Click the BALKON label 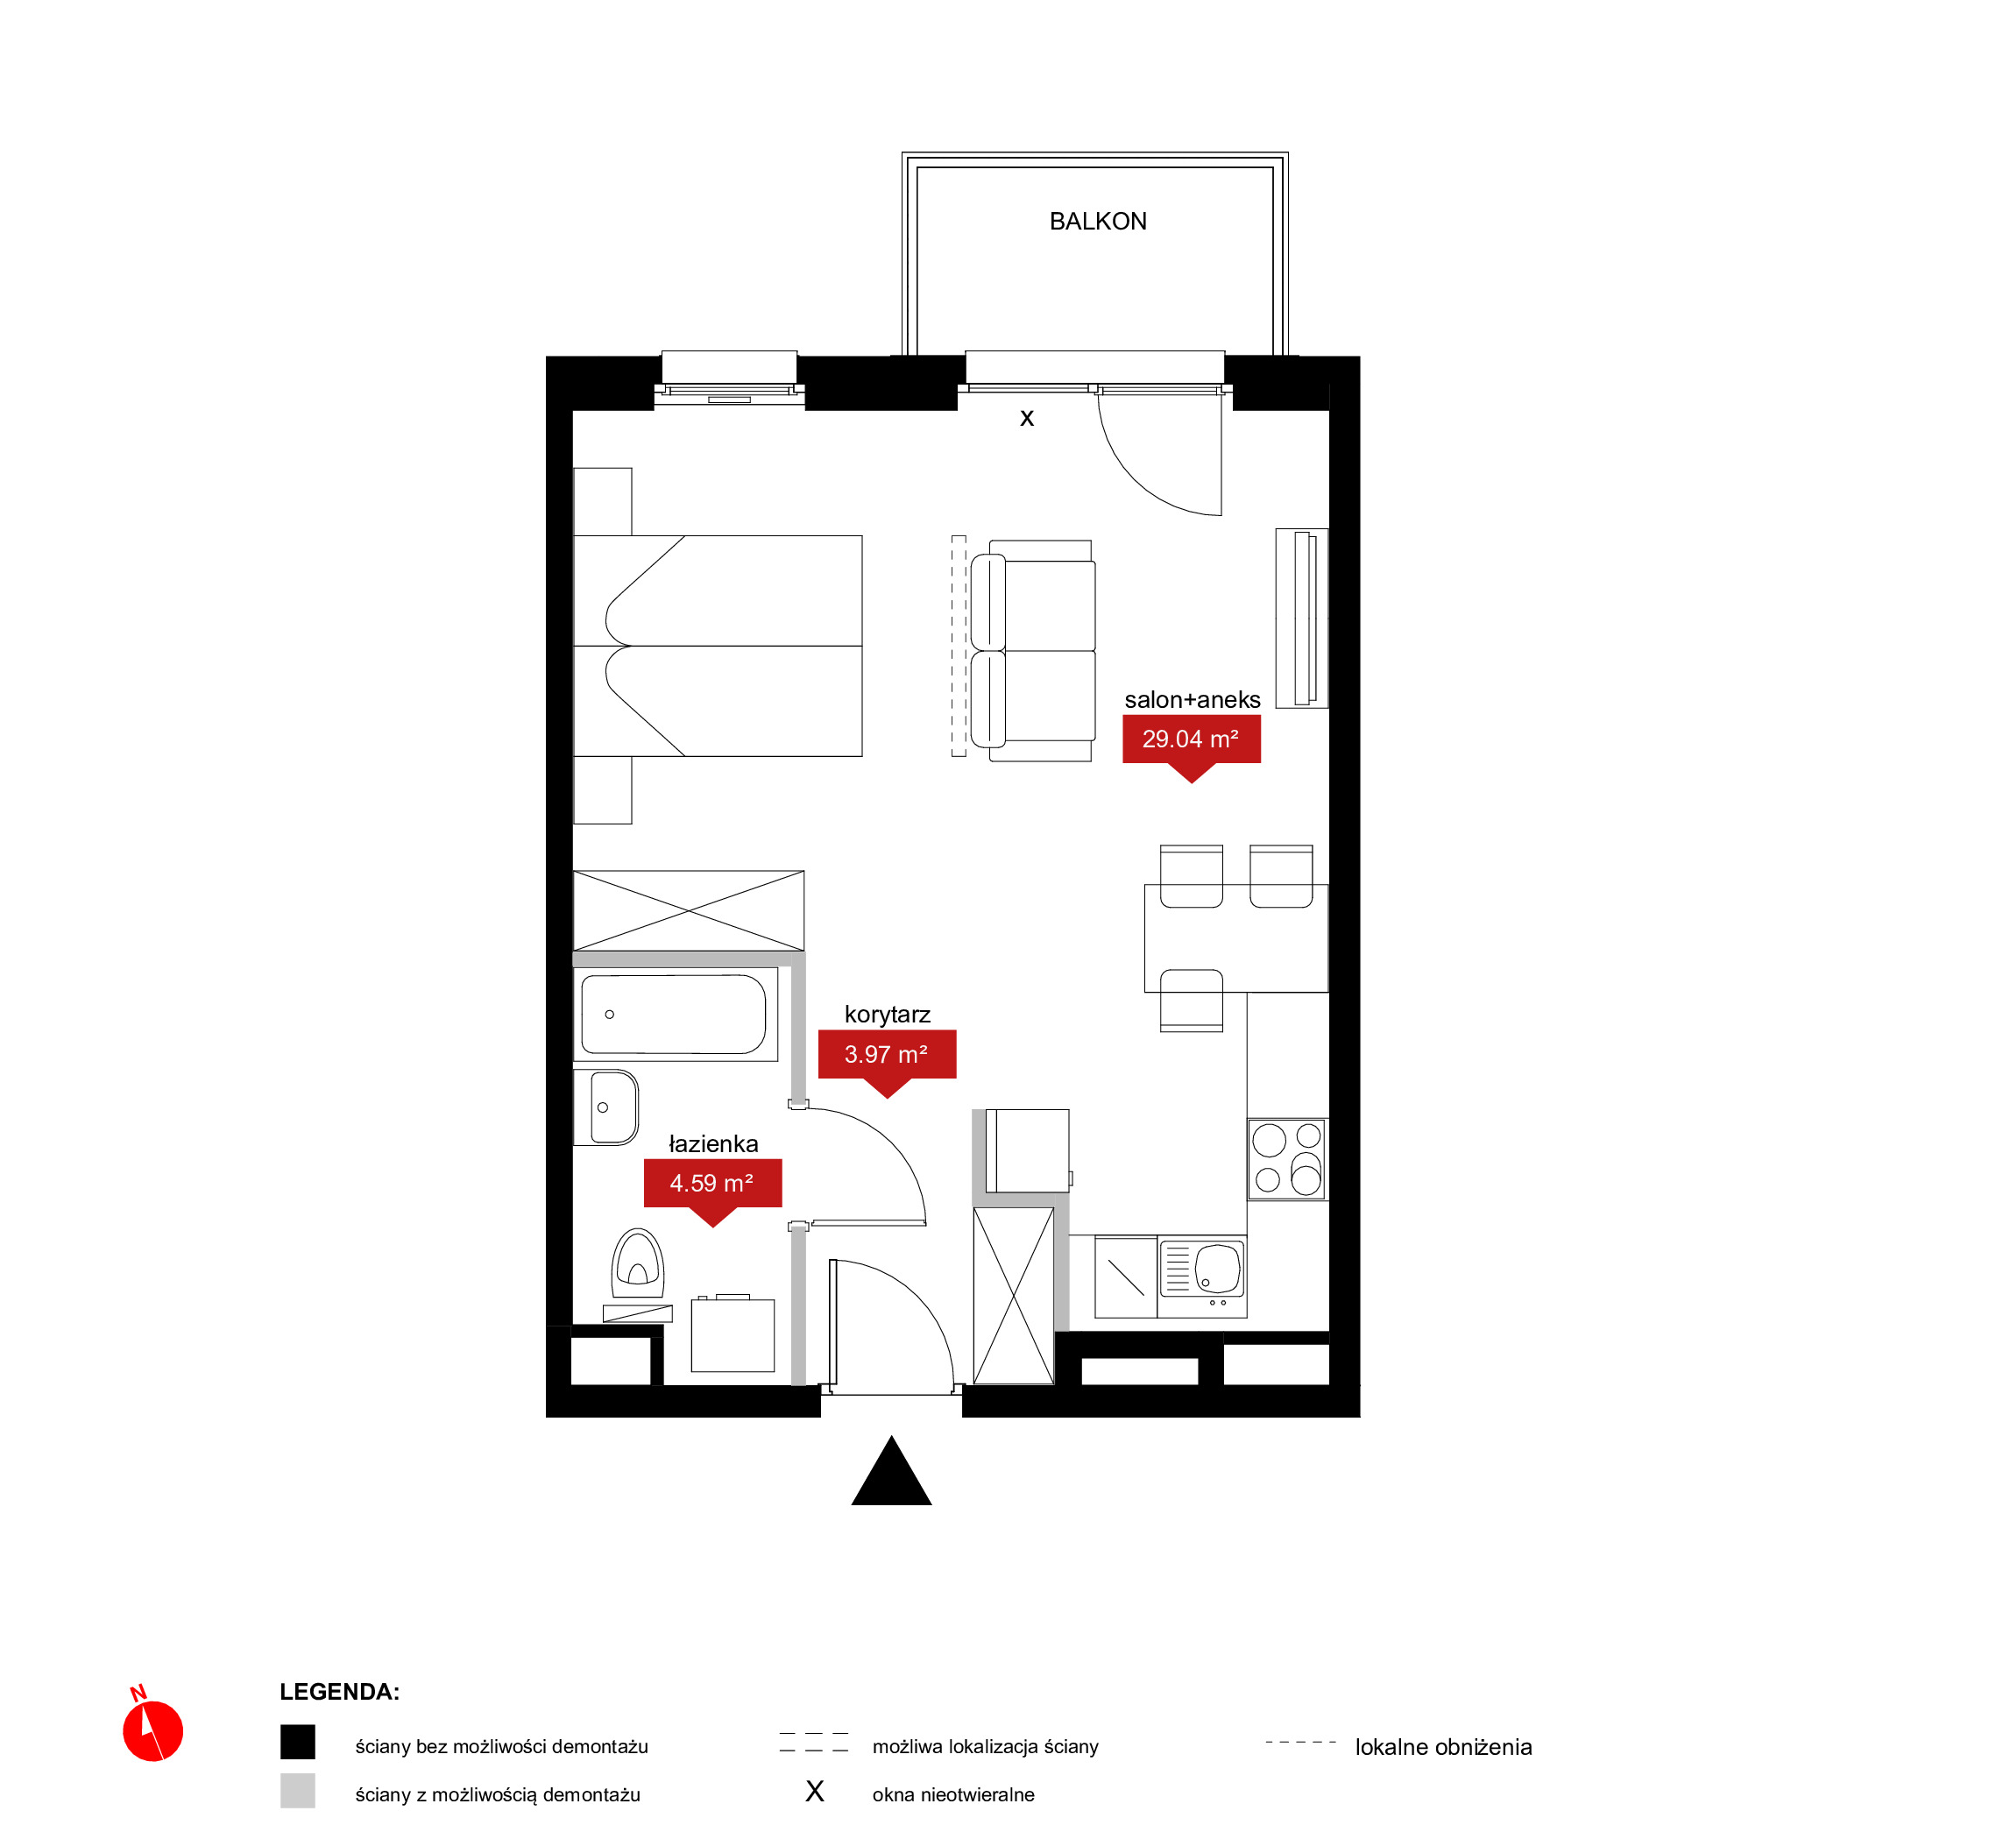pyautogui.click(x=1097, y=221)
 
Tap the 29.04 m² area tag pyautogui.click(x=1191, y=742)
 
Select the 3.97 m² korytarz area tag pyautogui.click(x=887, y=1058)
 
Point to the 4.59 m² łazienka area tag pyautogui.click(x=712, y=1187)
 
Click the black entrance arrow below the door pyautogui.click(x=891, y=1474)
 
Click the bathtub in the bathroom pyautogui.click(x=675, y=1015)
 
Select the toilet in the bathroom pyautogui.click(x=637, y=1264)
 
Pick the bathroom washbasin pyautogui.click(x=606, y=1108)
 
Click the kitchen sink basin pyautogui.click(x=1217, y=1269)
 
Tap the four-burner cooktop pyautogui.click(x=1287, y=1159)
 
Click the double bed pyautogui.click(x=718, y=646)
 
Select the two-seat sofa pyautogui.click(x=1033, y=651)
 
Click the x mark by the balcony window pyautogui.click(x=1027, y=419)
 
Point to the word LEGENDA pyautogui.click(x=340, y=1692)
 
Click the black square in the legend pyautogui.click(x=297, y=1742)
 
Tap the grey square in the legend pyautogui.click(x=297, y=1791)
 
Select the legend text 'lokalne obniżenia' pyautogui.click(x=1443, y=1747)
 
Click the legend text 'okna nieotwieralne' pyautogui.click(x=953, y=1794)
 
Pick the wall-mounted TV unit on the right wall pyautogui.click(x=1302, y=619)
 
